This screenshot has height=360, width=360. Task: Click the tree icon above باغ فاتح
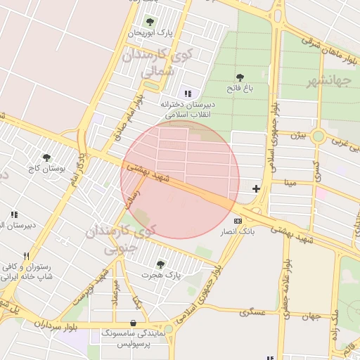tap(240, 77)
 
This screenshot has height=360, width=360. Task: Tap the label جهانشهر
tap(328, 81)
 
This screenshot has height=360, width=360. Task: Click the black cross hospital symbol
tap(256, 188)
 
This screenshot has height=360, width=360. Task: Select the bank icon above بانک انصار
tap(237, 221)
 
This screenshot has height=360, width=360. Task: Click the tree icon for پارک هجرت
tap(160, 264)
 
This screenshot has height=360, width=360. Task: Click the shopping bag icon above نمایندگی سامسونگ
tap(134, 323)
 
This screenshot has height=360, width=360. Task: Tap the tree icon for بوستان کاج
tap(46, 158)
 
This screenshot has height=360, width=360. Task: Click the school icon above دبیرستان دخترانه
tap(187, 94)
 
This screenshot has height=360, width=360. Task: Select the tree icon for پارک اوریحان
tap(149, 22)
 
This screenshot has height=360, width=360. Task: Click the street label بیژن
tap(299, 134)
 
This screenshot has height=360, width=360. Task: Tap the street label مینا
tap(291, 182)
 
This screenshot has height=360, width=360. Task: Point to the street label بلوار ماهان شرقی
tap(329, 47)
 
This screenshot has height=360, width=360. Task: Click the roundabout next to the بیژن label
tap(318, 136)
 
